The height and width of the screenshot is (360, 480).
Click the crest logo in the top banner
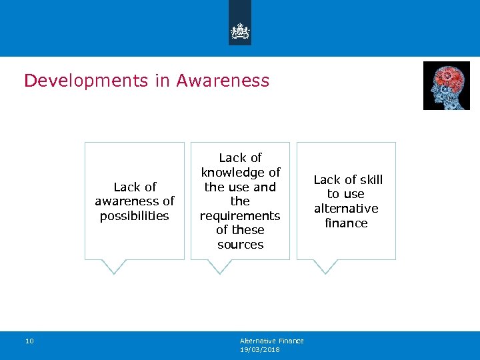240,31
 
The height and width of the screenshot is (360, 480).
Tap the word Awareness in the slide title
223,81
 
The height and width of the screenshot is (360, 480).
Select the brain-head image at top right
446,85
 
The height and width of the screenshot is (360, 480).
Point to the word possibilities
134,216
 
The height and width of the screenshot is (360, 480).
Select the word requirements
240,216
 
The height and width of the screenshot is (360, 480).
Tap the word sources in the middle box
240,245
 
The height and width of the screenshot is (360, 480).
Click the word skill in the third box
370,180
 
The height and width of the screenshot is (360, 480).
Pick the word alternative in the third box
346,209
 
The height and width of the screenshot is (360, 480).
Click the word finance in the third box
346,223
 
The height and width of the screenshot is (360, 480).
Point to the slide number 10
29,341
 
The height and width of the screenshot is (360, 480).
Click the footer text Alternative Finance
271,341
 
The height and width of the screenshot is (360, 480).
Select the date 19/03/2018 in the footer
259,350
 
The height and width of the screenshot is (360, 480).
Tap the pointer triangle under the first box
114,266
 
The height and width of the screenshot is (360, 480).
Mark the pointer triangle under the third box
325,266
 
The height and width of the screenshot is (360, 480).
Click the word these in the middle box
247,230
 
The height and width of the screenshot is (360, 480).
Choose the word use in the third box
355,194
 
